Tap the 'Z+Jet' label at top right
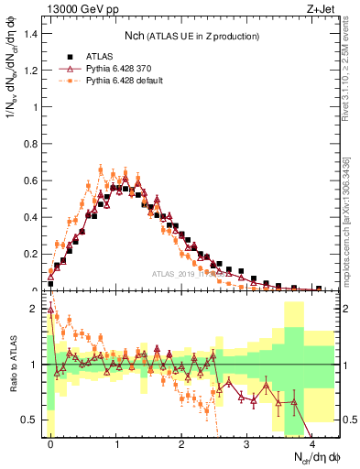[x=322, y=9]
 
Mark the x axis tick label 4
[x=312, y=443]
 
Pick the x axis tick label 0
[x=50, y=443]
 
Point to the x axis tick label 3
[x=247, y=443]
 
